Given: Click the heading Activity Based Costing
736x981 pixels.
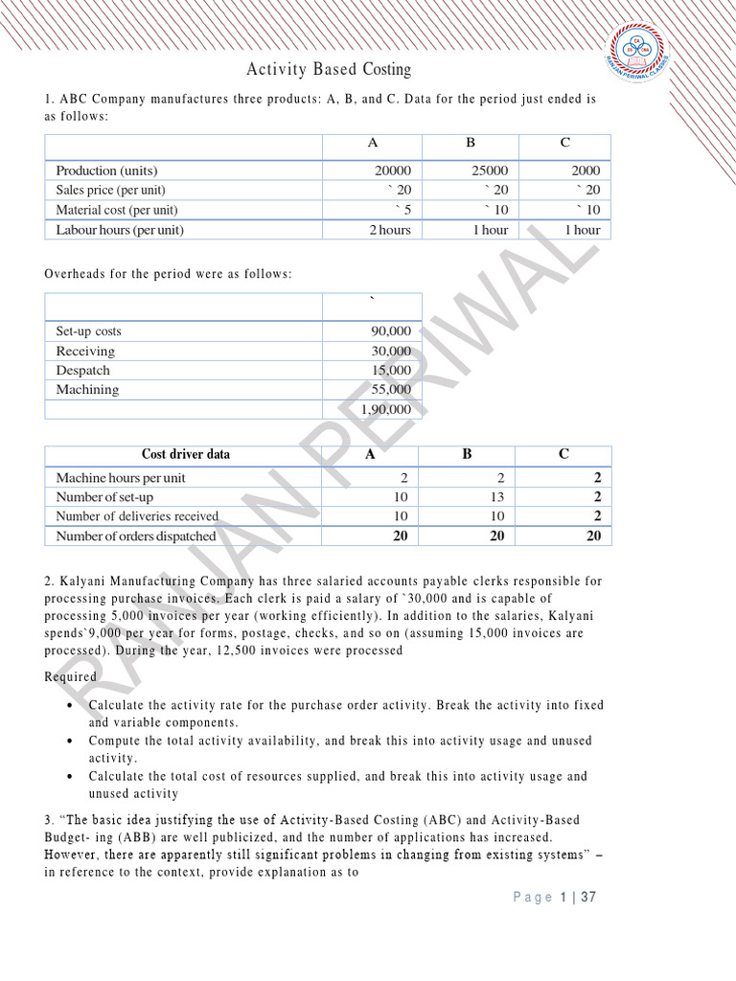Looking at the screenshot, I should (x=329, y=69).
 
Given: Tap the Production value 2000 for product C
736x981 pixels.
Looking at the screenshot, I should (x=585, y=170).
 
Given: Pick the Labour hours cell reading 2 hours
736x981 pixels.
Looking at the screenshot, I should (x=389, y=230).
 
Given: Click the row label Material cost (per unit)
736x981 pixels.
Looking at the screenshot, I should (x=117, y=210).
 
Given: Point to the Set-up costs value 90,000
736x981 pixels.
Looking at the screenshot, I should (x=390, y=331).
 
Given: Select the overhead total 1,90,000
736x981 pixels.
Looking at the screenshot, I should (x=386, y=409).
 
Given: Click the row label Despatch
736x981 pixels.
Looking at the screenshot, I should (x=83, y=371).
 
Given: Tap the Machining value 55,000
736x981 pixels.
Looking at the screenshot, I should (x=390, y=390).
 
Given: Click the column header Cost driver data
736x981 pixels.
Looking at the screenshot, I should (x=185, y=454).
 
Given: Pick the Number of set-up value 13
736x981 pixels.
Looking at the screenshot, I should (x=495, y=497).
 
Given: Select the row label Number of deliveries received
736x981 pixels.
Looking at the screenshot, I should (x=137, y=516).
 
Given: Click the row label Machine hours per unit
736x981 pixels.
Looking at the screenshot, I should (x=121, y=477).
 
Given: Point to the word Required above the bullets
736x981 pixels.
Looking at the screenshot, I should (x=71, y=677).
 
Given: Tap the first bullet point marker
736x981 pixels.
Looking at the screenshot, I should (x=72, y=705).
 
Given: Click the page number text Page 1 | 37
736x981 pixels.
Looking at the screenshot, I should (x=555, y=898).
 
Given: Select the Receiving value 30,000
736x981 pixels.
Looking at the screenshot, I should (x=390, y=351).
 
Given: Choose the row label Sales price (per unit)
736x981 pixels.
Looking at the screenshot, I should (x=110, y=190).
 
